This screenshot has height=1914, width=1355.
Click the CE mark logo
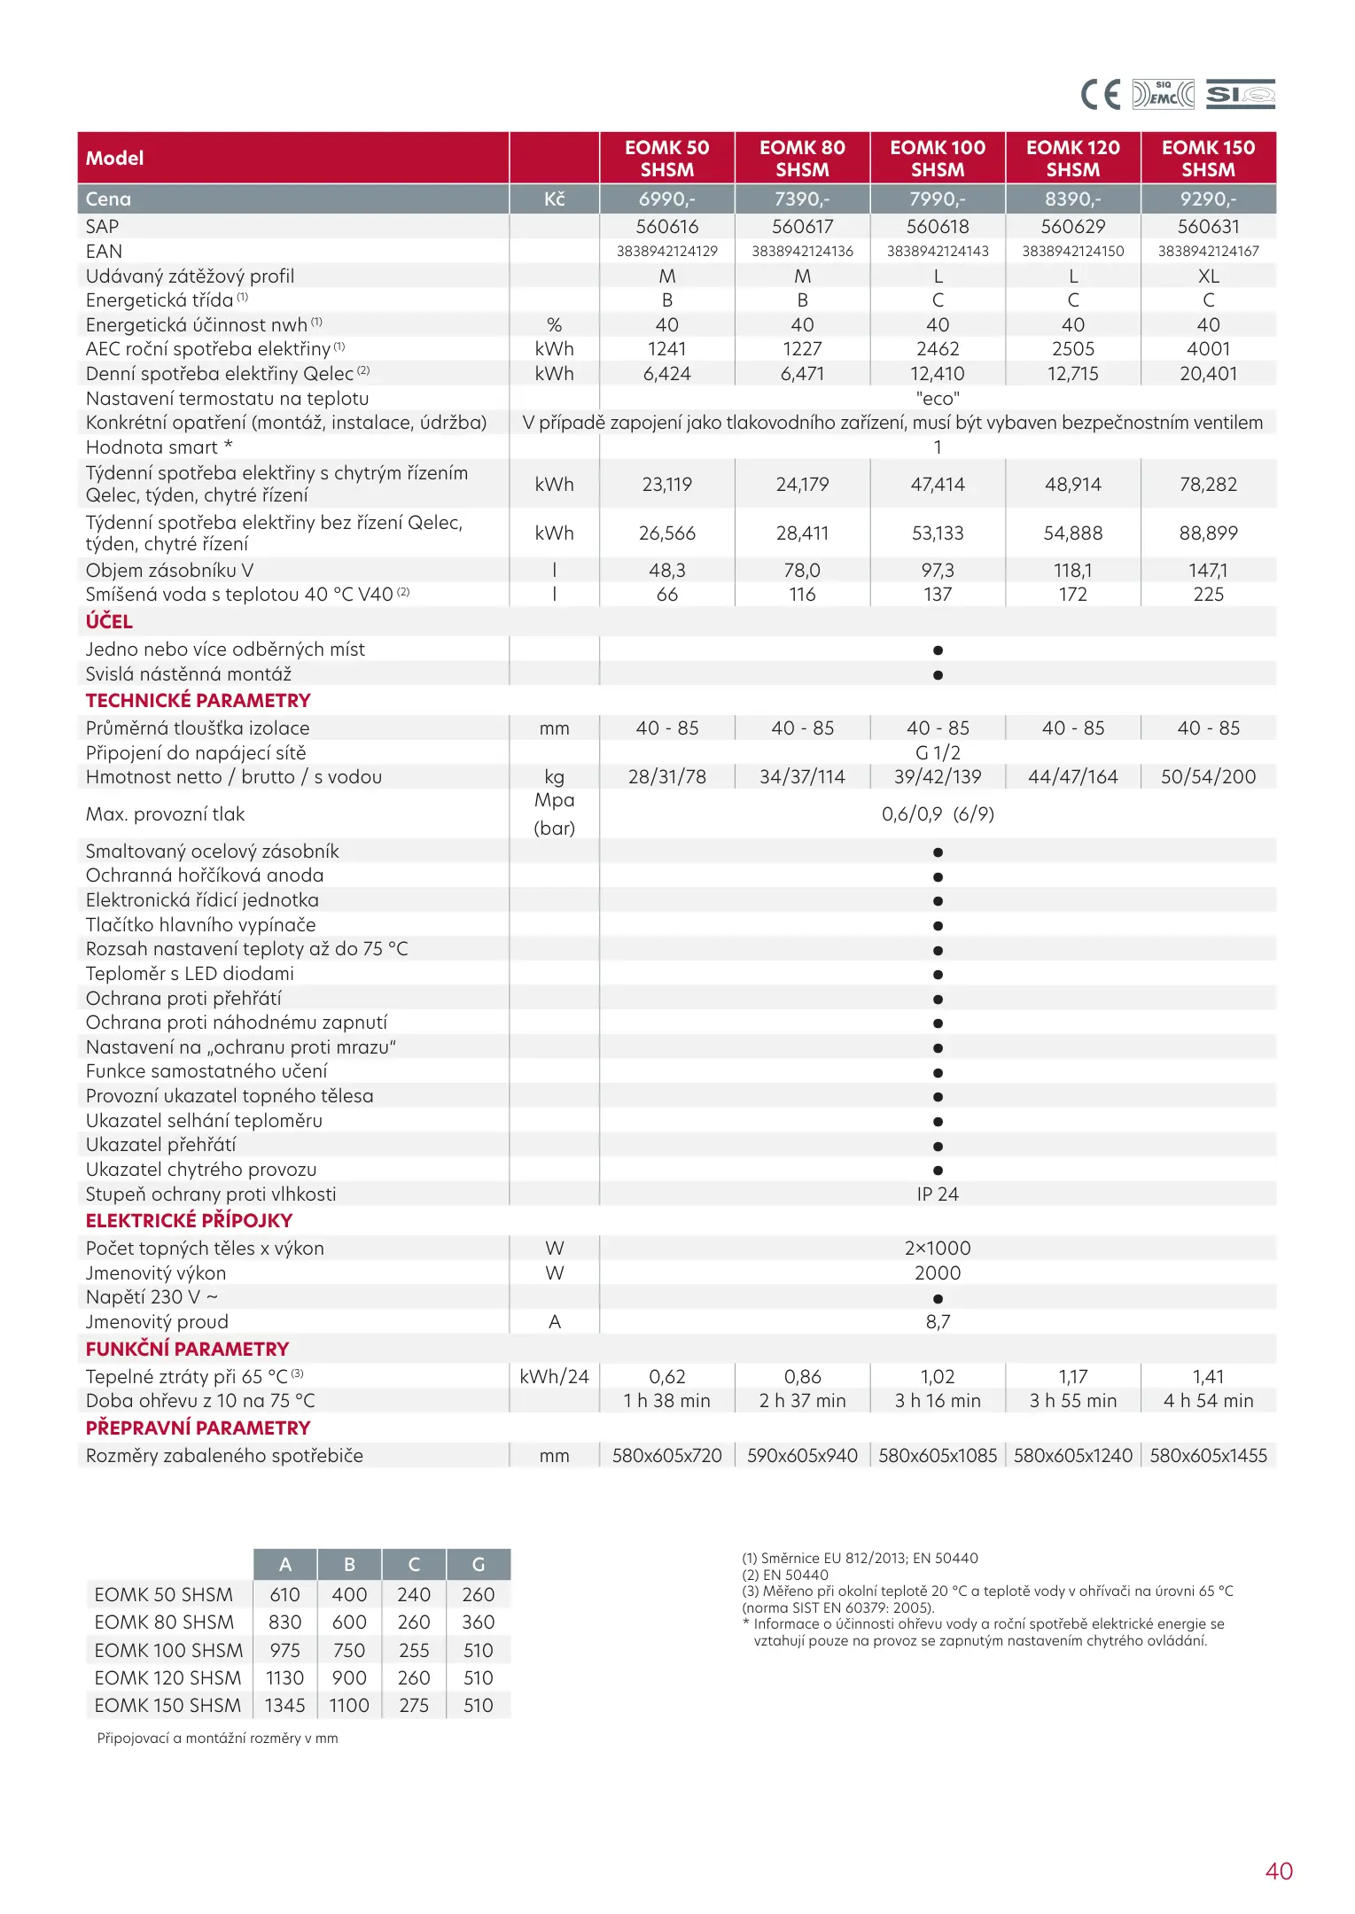click(x=1101, y=94)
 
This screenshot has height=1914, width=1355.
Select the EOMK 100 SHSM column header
click(x=938, y=159)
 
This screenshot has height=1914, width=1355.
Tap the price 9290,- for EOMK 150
click(x=1208, y=199)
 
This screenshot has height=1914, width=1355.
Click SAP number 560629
click(x=1072, y=227)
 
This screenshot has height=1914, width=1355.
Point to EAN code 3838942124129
click(x=666, y=252)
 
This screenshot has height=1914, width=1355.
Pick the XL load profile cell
click(x=1208, y=276)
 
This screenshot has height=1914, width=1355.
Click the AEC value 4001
click(x=1208, y=349)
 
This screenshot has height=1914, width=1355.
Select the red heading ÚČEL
click(x=109, y=622)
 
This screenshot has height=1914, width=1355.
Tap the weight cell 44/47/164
click(x=1072, y=777)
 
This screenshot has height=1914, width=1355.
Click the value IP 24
click(x=938, y=1194)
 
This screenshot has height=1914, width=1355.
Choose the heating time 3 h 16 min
click(x=938, y=1401)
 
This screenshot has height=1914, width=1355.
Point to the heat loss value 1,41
click(x=1208, y=1377)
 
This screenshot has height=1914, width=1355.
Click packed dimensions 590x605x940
click(x=802, y=1456)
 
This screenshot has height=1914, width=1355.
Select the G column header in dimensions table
click(x=479, y=1565)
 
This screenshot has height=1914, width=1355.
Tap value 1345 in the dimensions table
click(x=284, y=1706)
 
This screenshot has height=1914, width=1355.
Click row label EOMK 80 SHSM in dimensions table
click(x=164, y=1622)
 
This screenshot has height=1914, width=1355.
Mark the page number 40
click(x=1279, y=1871)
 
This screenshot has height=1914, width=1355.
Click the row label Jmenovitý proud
click(x=157, y=1322)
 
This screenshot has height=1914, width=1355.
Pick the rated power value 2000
click(x=938, y=1273)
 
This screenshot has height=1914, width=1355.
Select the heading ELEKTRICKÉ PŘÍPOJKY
click(x=189, y=1221)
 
